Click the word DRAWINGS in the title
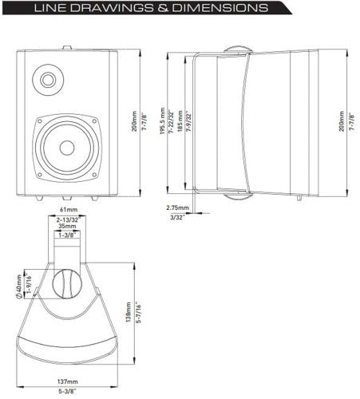coord(127,10)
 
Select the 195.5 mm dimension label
coord(161,124)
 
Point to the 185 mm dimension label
coord(180,124)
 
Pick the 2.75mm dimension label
coord(178,207)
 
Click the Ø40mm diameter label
coord(19,282)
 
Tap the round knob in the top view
coord(67,284)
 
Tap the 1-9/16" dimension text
coord(28,282)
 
